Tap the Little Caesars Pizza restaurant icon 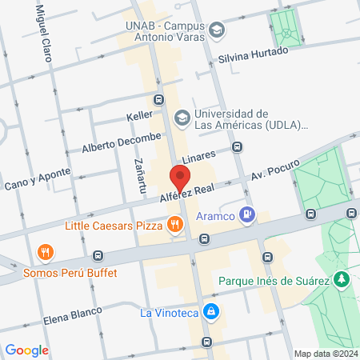pyautogui.click(x=174, y=225)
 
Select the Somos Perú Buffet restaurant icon pyautogui.click(x=46, y=254)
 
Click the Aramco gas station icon pyautogui.click(x=248, y=214)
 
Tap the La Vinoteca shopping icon pyautogui.click(x=210, y=310)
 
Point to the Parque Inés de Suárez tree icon pyautogui.click(x=342, y=279)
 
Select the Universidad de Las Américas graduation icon pyautogui.click(x=182, y=118)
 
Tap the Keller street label pyautogui.click(x=138, y=117)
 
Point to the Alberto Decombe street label pyautogui.click(x=121, y=142)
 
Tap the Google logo pyautogui.click(x=27, y=350)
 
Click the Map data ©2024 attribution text pyautogui.click(x=325, y=354)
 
